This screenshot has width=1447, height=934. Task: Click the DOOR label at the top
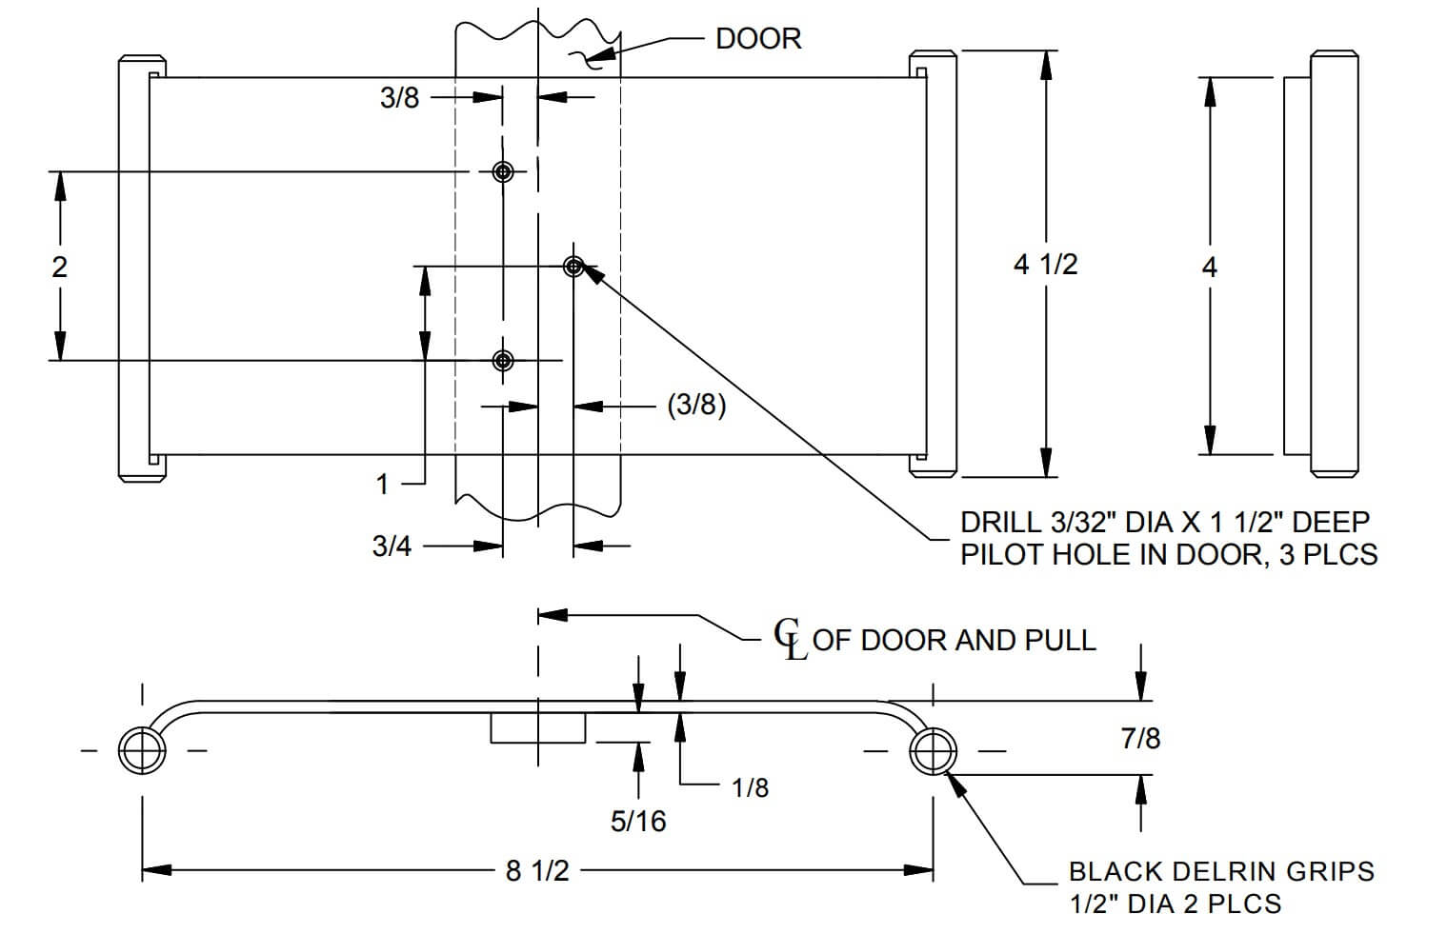tap(758, 39)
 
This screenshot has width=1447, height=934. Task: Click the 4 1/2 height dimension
tap(1045, 264)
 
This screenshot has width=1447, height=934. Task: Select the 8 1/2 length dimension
tap(537, 870)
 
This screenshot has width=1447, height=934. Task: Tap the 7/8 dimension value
tap(1140, 738)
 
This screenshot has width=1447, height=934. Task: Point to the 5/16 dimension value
tap(638, 822)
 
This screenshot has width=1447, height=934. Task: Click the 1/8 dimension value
tap(750, 788)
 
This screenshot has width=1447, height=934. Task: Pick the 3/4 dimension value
tap(392, 546)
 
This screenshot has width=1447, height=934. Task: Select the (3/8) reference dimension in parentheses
tap(696, 406)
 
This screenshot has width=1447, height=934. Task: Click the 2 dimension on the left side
tap(60, 267)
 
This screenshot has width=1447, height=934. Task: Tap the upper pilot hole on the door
tap(503, 171)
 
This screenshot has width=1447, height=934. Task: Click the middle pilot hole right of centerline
tap(573, 266)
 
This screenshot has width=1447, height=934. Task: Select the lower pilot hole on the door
tap(503, 360)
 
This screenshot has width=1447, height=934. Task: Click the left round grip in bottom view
tap(142, 751)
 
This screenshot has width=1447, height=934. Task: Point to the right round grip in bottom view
tap(933, 751)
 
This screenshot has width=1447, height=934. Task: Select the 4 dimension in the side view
tap(1209, 268)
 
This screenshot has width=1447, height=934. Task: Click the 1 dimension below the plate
tap(383, 485)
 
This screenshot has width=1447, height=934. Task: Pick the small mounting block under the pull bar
tap(538, 727)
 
